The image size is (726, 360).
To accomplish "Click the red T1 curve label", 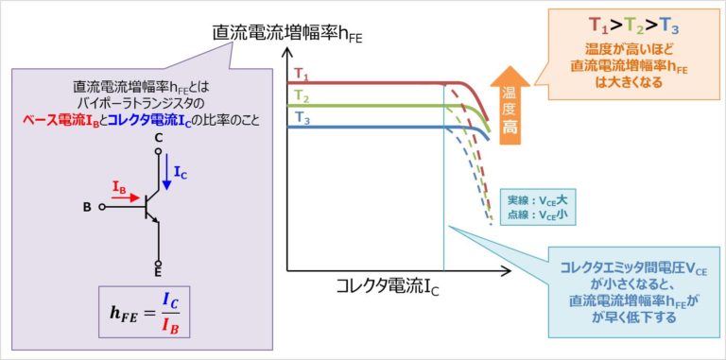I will tap(302, 74).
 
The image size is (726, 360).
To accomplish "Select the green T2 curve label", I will tap(302, 95).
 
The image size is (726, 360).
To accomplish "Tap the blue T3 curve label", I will tap(302, 117).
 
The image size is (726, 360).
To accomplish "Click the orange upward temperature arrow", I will tap(510, 104).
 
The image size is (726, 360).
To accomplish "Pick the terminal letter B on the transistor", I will tap(87, 206).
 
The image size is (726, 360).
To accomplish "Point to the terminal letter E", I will tap(158, 273).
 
